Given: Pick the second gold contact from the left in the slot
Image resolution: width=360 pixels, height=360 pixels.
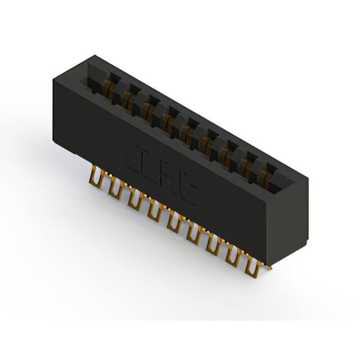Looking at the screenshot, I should pos(128,99).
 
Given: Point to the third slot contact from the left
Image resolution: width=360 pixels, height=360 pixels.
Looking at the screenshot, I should pos(148,109).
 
